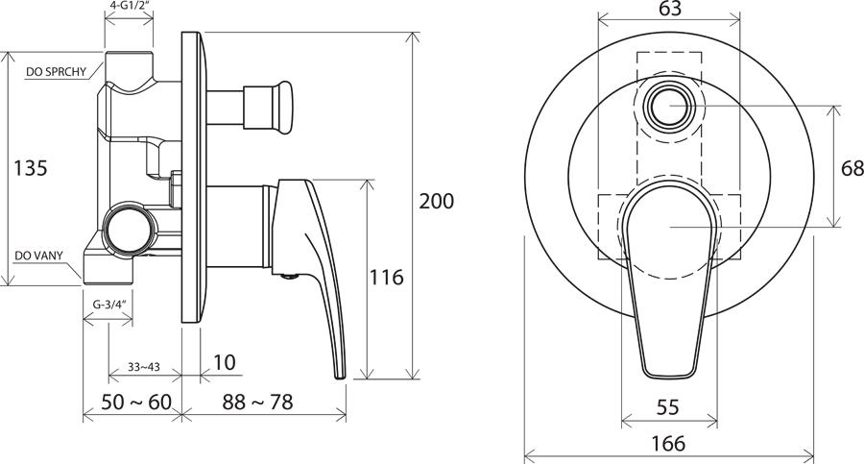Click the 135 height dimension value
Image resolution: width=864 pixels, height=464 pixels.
click(31, 168)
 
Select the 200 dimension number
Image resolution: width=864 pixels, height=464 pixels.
click(437, 201)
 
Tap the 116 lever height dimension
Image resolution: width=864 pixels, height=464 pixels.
click(386, 277)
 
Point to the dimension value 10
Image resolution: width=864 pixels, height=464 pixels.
click(225, 362)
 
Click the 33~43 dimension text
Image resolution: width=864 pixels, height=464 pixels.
click(144, 366)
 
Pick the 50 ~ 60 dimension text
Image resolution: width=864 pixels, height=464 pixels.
click(136, 403)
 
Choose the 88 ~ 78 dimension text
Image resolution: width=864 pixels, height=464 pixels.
click(257, 403)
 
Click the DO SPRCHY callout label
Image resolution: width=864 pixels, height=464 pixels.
click(57, 72)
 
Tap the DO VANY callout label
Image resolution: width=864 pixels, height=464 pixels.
click(38, 256)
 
